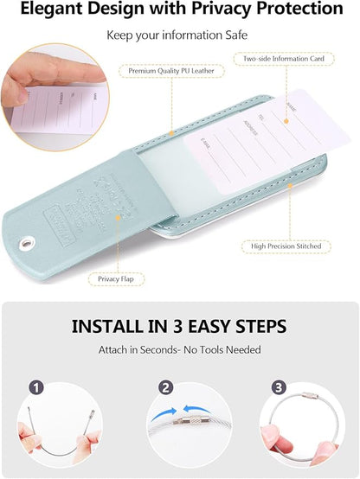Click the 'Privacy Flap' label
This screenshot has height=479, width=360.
[x=120, y=279]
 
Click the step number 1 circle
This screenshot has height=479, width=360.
[x=37, y=388]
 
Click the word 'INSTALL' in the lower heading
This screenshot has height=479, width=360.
[x=107, y=328]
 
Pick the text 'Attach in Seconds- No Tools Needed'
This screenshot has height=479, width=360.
[x=179, y=350]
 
